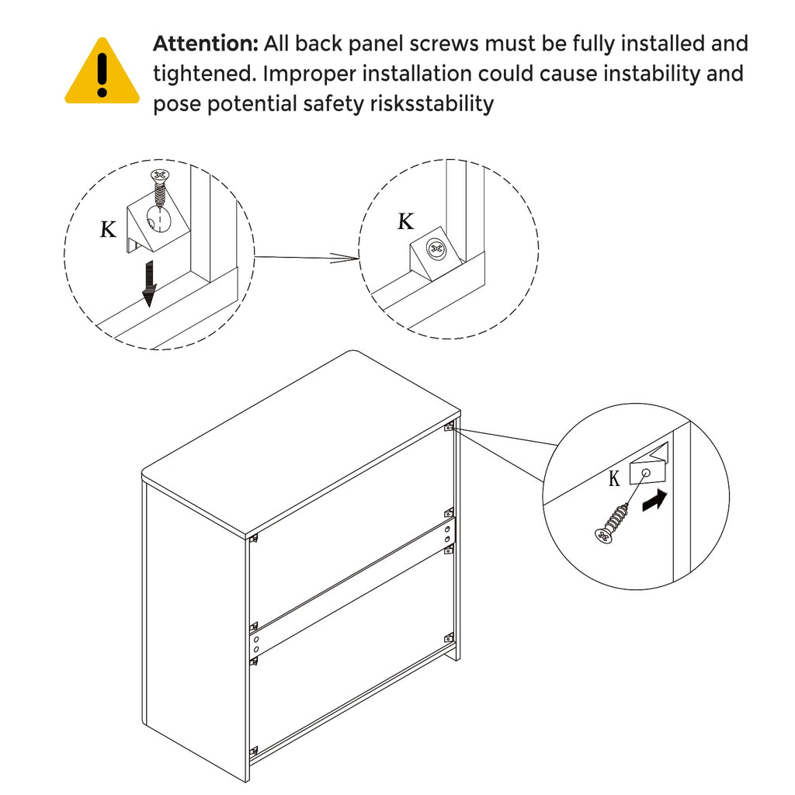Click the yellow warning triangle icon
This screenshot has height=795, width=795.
tap(102, 71)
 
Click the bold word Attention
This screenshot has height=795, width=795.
tap(206, 43)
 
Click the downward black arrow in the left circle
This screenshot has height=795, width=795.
tap(149, 284)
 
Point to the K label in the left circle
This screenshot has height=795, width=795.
tap(107, 230)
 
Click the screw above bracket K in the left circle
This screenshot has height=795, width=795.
tap(160, 189)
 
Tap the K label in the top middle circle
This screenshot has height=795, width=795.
tap(405, 221)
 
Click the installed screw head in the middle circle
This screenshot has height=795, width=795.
tap(435, 248)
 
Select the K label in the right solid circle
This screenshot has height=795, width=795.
tap(614, 478)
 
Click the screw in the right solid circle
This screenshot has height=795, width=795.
tap(613, 524)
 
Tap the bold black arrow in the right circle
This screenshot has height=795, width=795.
tap(654, 501)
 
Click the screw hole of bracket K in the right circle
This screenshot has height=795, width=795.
tap(646, 473)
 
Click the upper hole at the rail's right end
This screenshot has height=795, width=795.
tap(448, 529)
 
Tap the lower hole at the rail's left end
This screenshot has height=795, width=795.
tap(256, 650)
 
